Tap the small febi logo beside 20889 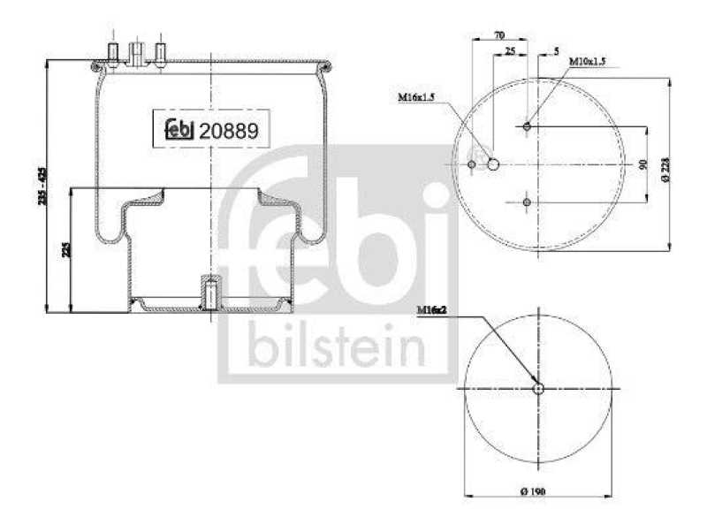176,132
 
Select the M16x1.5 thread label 416,97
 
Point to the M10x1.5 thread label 587,62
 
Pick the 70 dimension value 498,35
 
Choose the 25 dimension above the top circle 510,52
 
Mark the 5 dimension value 555,52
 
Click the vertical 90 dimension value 643,164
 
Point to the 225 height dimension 65,250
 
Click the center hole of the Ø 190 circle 538,387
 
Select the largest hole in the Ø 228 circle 493,164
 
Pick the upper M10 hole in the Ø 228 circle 527,126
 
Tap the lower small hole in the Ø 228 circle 527,203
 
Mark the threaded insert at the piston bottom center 211,291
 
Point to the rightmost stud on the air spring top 161,52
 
